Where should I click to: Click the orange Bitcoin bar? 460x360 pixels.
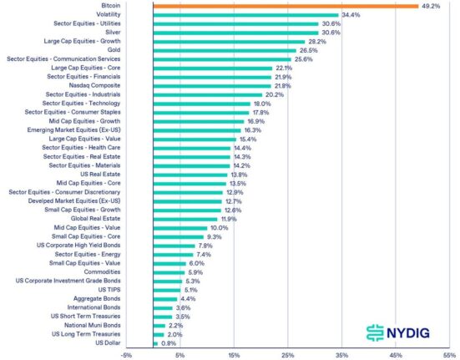point(286,6)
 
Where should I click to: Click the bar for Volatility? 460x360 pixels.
point(245,15)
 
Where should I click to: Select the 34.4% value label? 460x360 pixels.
point(351,15)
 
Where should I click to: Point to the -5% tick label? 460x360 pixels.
point(126,354)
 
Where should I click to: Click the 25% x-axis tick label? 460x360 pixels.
point(288,354)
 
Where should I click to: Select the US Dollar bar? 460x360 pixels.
point(155,342)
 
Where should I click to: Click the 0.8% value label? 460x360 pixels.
point(168,342)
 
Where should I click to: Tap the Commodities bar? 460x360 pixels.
point(169,272)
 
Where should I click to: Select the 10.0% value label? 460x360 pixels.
point(219,228)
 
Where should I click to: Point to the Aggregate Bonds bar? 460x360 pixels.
point(165,298)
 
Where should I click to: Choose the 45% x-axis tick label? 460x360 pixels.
point(396,354)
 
